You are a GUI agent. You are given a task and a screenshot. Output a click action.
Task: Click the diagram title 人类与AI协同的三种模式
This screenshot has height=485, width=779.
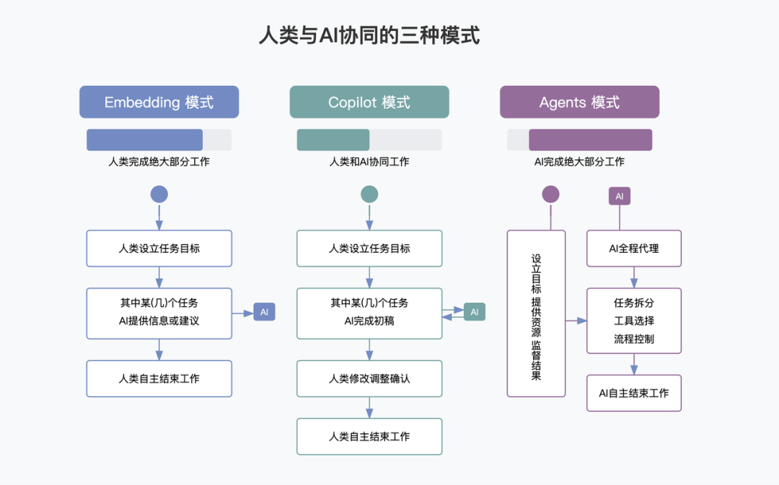369,36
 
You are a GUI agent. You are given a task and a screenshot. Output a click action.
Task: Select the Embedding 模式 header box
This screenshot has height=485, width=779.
159,102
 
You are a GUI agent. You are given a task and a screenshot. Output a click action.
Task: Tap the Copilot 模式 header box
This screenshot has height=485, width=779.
369,102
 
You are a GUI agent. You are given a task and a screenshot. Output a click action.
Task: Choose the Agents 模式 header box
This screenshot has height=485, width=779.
579,102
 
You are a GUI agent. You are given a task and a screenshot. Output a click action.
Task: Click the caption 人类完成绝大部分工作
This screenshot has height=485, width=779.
159,162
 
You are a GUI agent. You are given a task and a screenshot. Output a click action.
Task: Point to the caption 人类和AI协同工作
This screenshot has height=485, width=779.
369,162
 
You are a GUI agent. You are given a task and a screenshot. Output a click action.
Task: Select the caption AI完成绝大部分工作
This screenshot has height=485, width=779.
579,162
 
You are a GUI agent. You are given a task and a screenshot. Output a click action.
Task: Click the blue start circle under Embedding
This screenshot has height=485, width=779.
159,194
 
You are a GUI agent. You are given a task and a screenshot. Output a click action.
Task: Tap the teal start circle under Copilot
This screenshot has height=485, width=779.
369,194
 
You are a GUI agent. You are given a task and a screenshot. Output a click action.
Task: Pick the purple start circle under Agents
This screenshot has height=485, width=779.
550,194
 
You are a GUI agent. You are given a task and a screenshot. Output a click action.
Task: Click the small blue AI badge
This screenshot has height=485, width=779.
264,312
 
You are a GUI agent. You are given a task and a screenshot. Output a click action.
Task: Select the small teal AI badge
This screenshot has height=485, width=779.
475,312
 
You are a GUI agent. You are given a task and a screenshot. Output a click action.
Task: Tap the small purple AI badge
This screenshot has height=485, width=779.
619,196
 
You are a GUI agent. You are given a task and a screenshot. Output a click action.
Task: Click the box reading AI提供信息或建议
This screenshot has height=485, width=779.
159,313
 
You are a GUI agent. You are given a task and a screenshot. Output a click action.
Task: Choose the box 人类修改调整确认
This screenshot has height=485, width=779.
369,378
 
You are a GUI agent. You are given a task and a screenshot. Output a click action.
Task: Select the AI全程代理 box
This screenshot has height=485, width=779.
633,249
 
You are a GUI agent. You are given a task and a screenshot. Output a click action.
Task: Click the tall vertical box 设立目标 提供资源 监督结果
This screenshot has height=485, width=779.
536,313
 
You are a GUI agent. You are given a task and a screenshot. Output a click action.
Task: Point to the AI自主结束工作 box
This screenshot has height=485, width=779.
633,393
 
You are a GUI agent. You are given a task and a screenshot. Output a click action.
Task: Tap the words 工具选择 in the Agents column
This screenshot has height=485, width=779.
633,321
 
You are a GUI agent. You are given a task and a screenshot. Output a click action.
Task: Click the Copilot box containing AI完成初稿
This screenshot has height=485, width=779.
369,313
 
